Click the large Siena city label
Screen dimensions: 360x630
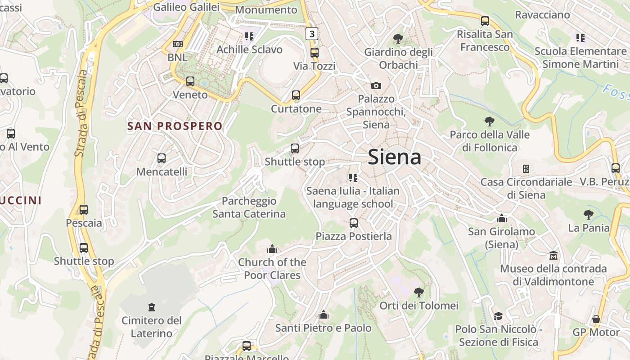pyautogui.click(x=395, y=157)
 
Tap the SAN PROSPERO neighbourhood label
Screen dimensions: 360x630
pyautogui.click(x=175, y=126)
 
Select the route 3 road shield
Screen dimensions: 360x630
pyautogui.click(x=311, y=33)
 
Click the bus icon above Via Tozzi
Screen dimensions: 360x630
pyautogui.click(x=315, y=53)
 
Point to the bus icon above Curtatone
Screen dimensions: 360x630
pyautogui.click(x=296, y=95)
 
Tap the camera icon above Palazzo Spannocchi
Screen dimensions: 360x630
pyautogui.click(x=376, y=85)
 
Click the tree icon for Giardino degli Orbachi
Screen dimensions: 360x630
pyautogui.click(x=398, y=39)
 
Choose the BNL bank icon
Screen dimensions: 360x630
pyautogui.click(x=178, y=44)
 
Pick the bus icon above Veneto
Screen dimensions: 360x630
pyautogui.click(x=190, y=81)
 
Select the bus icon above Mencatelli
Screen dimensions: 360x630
pyautogui.click(x=162, y=158)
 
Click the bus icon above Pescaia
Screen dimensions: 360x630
pyautogui.click(x=84, y=210)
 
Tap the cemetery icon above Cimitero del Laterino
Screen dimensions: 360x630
pyautogui.click(x=152, y=307)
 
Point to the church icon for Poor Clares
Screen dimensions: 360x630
pyautogui.click(x=272, y=249)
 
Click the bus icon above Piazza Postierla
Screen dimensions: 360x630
pyautogui.click(x=354, y=223)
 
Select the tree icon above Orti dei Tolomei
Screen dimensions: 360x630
pyautogui.click(x=418, y=292)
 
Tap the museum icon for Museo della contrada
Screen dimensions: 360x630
pyautogui.click(x=553, y=256)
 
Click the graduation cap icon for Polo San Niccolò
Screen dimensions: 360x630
pyautogui.click(x=498, y=316)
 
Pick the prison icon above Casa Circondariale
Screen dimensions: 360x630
pyautogui.click(x=526, y=169)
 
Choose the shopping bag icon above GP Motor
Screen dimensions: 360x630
pyautogui.click(x=596, y=319)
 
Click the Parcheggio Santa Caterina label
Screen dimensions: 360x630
pyautogui.click(x=249, y=207)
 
